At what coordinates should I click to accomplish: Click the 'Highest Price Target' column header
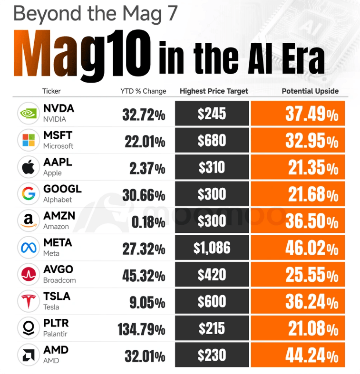214,91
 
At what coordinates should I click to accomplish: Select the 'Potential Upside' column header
310,91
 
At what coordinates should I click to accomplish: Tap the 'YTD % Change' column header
143,91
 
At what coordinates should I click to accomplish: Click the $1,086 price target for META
212,248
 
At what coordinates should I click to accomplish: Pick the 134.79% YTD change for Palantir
141,329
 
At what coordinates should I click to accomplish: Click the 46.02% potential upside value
312,248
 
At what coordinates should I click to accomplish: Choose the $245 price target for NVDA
212,114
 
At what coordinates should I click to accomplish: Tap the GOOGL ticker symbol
62,189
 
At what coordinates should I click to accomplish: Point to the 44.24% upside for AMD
312,355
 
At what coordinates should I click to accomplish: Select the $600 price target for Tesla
212,302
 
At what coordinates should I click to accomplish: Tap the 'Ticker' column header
51,91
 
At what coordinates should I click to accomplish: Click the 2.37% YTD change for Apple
147,168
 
